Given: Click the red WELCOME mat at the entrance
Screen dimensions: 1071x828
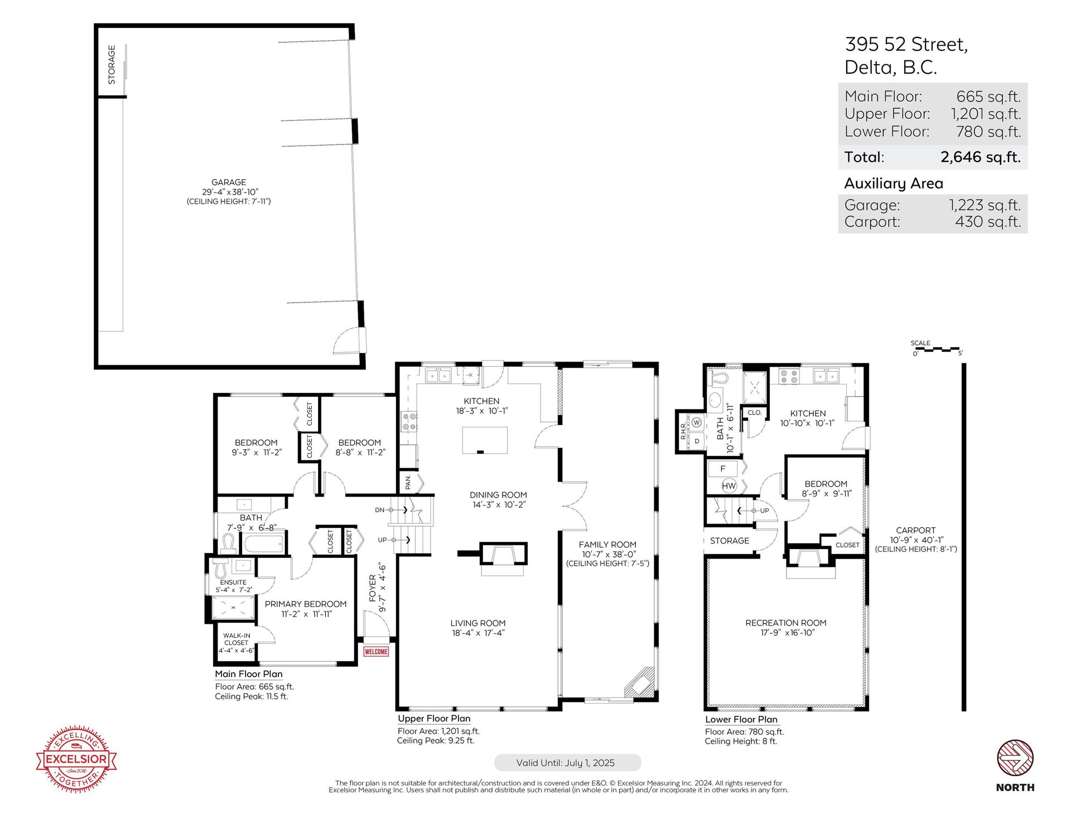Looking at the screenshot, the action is pyautogui.click(x=376, y=651).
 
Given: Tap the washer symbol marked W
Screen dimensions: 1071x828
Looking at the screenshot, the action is pyautogui.click(x=696, y=422).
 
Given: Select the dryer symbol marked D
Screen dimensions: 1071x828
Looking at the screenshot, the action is pyautogui.click(x=697, y=441).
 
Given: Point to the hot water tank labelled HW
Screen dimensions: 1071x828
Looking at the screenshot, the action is pyautogui.click(x=729, y=486).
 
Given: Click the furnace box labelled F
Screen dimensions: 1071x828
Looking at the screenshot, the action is pyautogui.click(x=723, y=469).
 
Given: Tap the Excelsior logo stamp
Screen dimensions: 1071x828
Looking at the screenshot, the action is pyautogui.click(x=76, y=759).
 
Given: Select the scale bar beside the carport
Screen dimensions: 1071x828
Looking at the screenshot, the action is pyautogui.click(x=938, y=349).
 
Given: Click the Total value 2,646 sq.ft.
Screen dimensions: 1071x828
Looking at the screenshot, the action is pyautogui.click(x=981, y=157).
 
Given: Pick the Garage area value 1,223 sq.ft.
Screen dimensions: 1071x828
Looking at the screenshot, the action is pyautogui.click(x=985, y=205).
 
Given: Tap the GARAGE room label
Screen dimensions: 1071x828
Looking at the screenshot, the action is pyautogui.click(x=229, y=182).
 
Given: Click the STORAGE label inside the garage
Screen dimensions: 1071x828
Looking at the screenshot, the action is pyautogui.click(x=112, y=65).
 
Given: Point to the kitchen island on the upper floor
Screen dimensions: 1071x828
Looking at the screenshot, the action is pyautogui.click(x=485, y=440).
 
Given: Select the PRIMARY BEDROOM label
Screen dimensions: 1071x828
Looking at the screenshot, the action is pyautogui.click(x=306, y=604).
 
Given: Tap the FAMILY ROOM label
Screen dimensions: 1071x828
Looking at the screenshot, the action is pyautogui.click(x=607, y=545).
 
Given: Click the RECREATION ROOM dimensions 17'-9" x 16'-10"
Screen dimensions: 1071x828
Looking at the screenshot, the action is pyautogui.click(x=787, y=633).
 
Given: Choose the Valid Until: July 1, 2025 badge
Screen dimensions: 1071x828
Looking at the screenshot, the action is pyautogui.click(x=567, y=763).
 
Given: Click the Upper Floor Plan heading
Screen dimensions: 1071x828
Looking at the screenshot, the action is pyautogui.click(x=434, y=719).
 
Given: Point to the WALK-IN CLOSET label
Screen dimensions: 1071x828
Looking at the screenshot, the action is pyautogui.click(x=237, y=639).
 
